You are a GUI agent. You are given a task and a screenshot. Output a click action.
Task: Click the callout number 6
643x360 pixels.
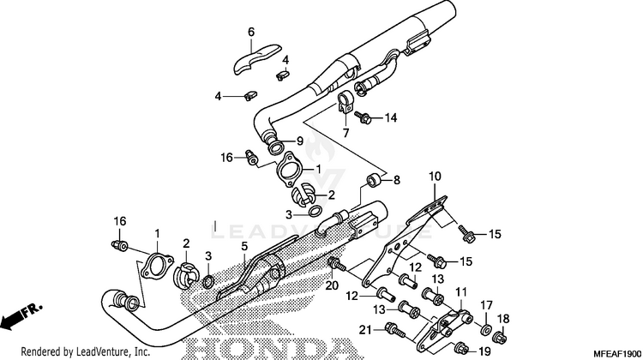pos(251,33)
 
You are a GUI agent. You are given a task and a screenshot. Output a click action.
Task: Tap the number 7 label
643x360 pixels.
pos(346,135)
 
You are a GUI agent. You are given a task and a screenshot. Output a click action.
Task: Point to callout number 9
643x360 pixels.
pos(300,141)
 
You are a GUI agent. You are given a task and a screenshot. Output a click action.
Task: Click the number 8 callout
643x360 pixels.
pos(397,181)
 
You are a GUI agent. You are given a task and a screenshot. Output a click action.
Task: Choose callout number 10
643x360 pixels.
pos(435,177)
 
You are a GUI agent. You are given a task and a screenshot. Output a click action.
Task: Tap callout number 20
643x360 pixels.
pos(332,285)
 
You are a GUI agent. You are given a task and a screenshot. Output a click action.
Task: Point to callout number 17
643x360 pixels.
pos(485,305)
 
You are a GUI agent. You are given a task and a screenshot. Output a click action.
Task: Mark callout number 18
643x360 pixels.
pos(504,319)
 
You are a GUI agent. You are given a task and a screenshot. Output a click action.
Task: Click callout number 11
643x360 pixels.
pos(460,293)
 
